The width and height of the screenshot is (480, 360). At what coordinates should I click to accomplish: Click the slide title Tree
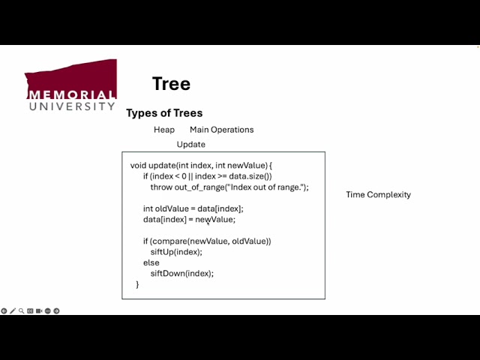[171, 83]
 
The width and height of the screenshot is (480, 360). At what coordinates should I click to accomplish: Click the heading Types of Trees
[164, 113]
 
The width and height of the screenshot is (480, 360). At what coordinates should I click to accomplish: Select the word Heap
[164, 130]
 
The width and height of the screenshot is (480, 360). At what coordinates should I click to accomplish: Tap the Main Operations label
[221, 130]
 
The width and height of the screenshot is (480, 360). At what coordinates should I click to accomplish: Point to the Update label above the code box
[190, 144]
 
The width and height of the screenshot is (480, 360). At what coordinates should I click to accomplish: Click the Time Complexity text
[378, 195]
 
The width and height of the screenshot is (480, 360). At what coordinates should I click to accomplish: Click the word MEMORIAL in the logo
[71, 95]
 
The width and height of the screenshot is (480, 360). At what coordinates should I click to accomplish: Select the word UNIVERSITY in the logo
[72, 106]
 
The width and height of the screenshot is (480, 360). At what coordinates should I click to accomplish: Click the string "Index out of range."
[262, 187]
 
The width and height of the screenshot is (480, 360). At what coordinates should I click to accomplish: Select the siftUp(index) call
[176, 252]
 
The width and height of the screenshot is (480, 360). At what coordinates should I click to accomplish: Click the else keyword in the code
[151, 262]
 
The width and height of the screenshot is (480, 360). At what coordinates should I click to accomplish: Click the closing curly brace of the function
[137, 284]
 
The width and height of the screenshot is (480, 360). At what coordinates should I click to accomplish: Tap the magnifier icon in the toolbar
[21, 310]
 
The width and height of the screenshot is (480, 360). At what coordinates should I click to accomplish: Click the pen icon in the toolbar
[13, 310]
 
